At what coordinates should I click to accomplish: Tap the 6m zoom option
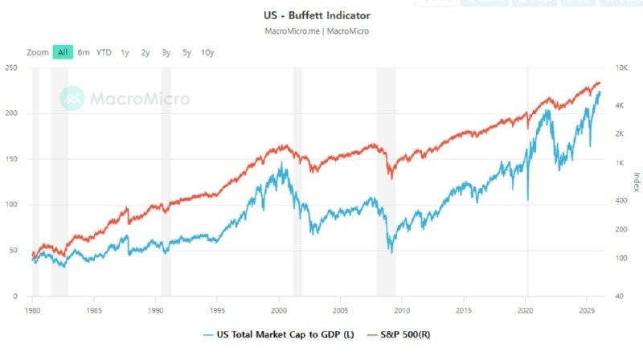(84, 52)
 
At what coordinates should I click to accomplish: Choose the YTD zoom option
(104, 52)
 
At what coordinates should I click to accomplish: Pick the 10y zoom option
(207, 52)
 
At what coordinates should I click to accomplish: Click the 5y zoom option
(186, 52)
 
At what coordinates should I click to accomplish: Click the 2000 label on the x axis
(278, 309)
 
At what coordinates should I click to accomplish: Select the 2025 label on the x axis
(586, 309)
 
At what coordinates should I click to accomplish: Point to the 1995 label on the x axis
(217, 309)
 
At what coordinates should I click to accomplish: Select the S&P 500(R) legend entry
(402, 333)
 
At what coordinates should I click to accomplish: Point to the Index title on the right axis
(636, 182)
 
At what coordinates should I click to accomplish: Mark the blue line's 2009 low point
(391, 252)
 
